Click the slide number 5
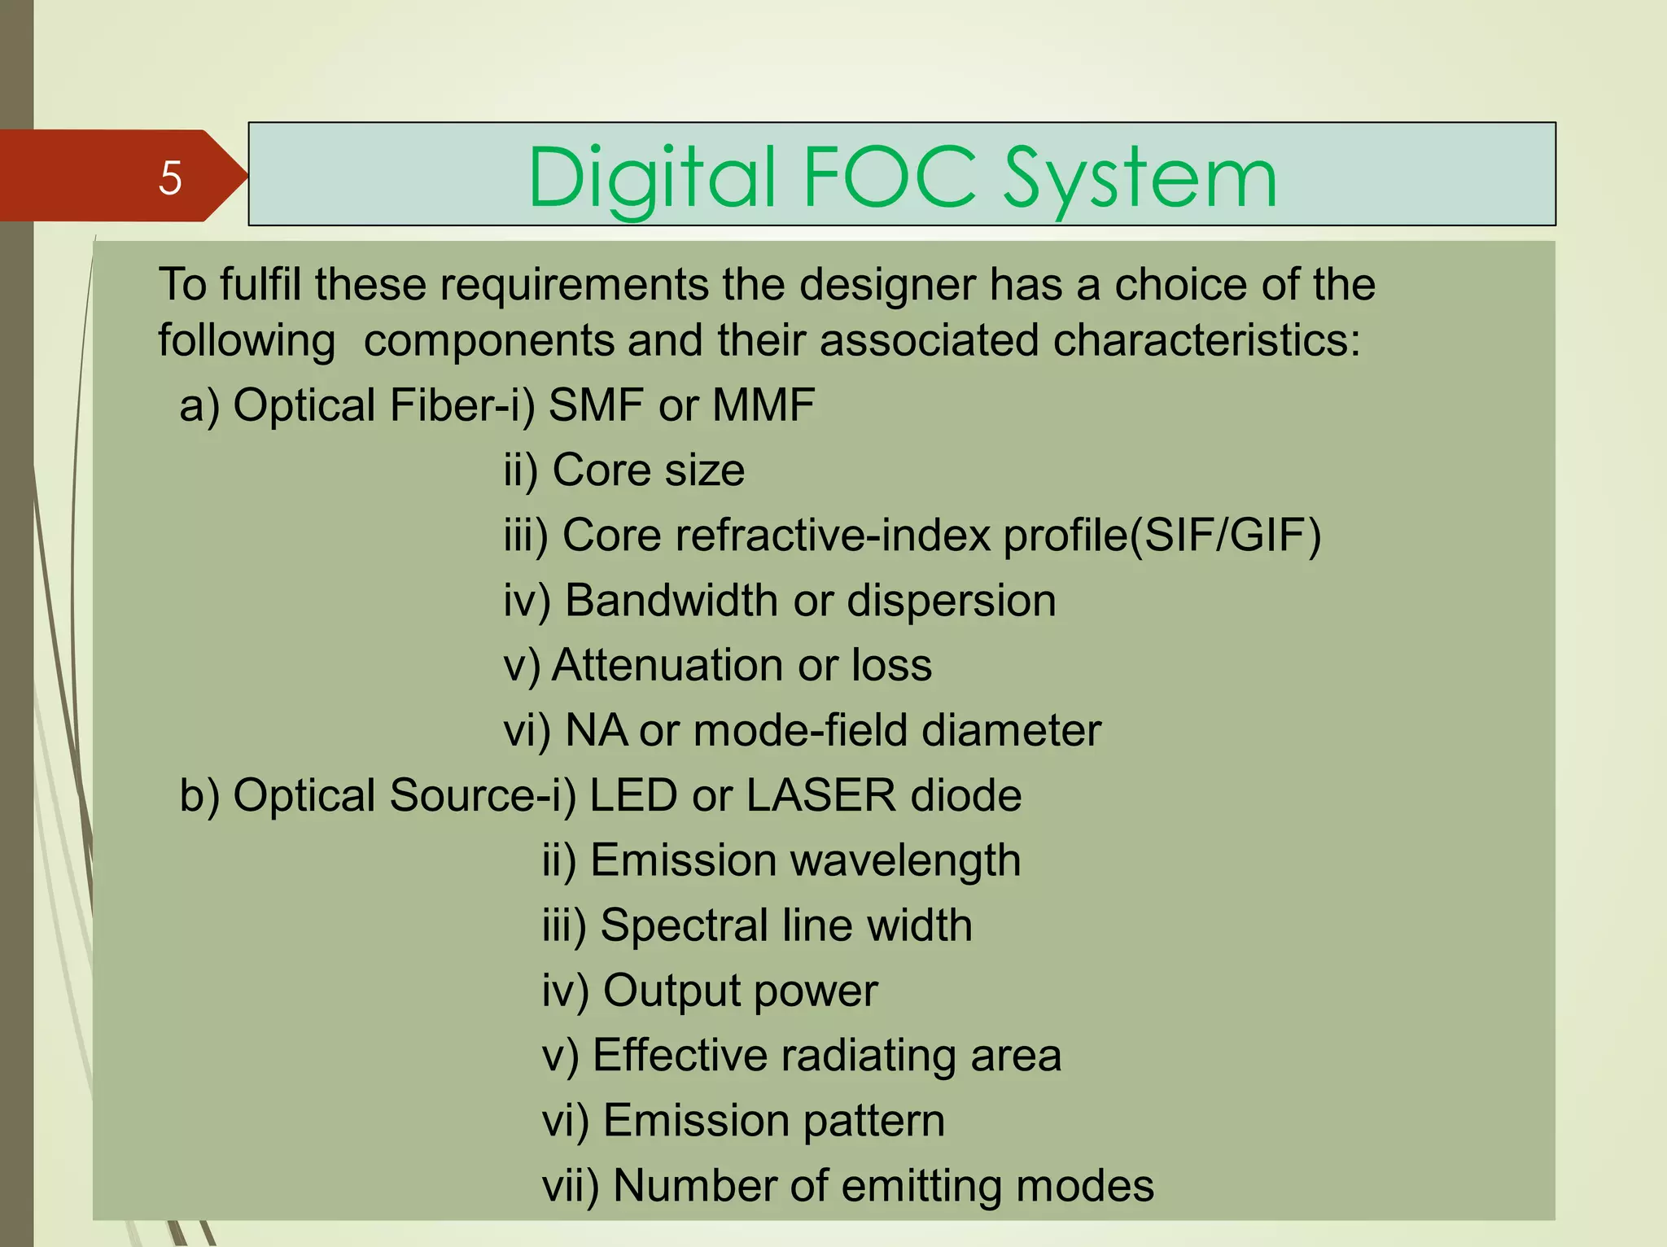pyautogui.click(x=170, y=177)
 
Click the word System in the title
pyautogui.click(x=1139, y=179)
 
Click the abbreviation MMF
pyautogui.click(x=763, y=405)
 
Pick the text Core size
pyautogui.click(x=648, y=470)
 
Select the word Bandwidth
pyautogui.click(x=672, y=601)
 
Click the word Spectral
pyautogui.click(x=685, y=925)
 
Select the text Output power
pyautogui.click(x=740, y=991)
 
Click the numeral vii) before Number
pyautogui.click(x=570, y=1186)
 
